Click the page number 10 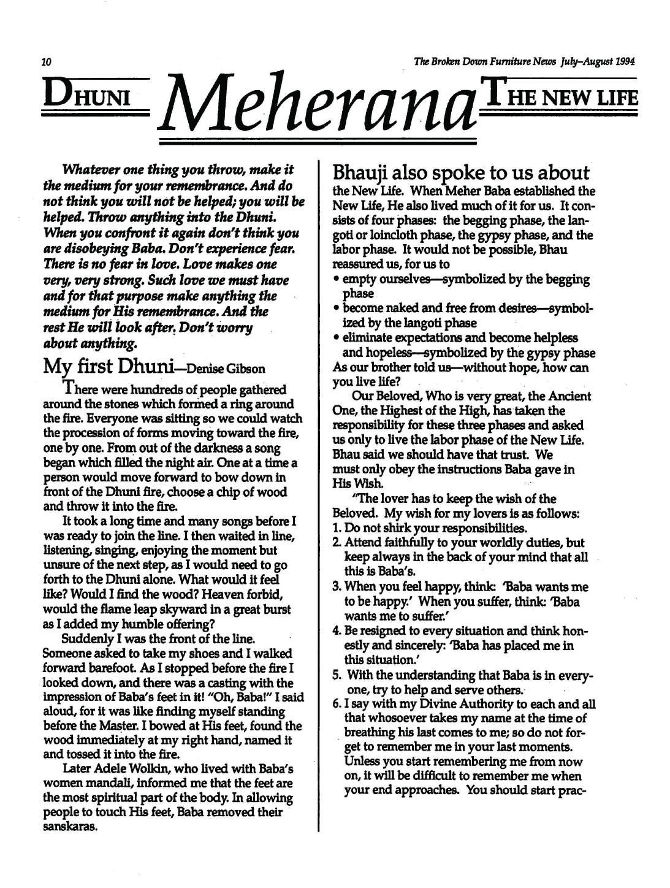coord(46,62)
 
